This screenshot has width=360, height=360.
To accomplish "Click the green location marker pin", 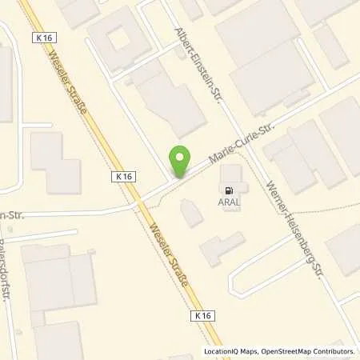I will click(x=180, y=160).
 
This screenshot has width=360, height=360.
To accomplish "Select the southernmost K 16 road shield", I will click(x=202, y=317).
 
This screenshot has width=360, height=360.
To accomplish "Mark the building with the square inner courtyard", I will click(x=118, y=37).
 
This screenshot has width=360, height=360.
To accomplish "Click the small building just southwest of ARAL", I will click(x=191, y=213).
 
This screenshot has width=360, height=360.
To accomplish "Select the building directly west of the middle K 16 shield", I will click(x=54, y=162).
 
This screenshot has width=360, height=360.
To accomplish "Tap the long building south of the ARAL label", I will click(x=222, y=249).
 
